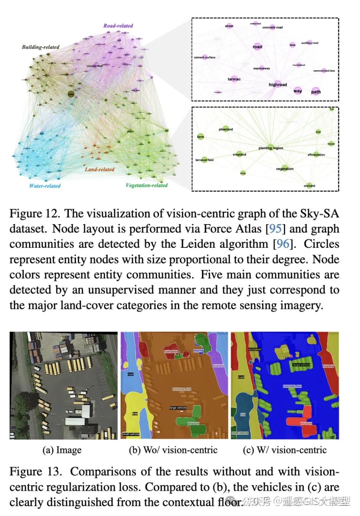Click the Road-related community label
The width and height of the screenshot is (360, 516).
(x=118, y=26)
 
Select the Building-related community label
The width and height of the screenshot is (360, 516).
(x=40, y=47)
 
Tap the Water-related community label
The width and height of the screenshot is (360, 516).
(x=45, y=186)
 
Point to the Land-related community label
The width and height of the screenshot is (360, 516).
(x=99, y=169)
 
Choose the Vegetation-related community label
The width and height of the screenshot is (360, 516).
(x=146, y=185)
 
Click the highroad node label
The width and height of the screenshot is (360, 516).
(x=278, y=85)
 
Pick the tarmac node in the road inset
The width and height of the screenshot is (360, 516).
(x=234, y=79)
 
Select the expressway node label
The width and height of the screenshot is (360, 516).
(x=261, y=68)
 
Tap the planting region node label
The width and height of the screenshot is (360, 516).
(x=271, y=148)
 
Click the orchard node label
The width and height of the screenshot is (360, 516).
(x=309, y=186)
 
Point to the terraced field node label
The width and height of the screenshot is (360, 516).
(x=204, y=160)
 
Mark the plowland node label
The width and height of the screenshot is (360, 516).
(x=226, y=129)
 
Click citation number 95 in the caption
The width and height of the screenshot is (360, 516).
(x=275, y=229)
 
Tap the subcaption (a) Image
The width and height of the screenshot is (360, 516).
(x=62, y=450)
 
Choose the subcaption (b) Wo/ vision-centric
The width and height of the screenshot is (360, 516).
(x=173, y=450)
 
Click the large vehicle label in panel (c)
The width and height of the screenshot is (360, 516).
(x=301, y=365)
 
